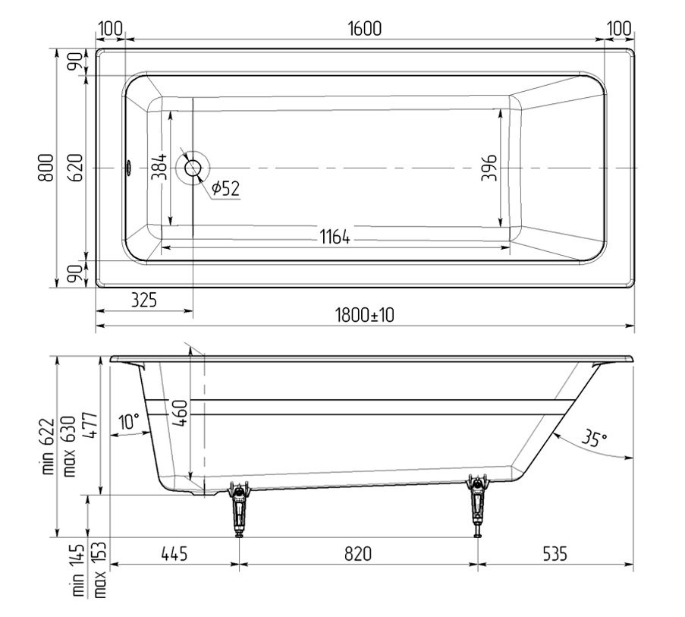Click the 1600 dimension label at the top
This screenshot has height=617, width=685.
(365, 28)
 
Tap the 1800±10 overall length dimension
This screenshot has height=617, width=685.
(365, 315)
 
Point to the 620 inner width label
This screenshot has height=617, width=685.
(76, 168)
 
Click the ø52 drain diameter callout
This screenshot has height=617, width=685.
(226, 188)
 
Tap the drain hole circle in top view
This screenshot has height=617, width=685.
(193, 168)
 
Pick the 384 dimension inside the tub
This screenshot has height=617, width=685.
(159, 166)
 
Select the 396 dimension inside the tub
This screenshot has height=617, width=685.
(489, 167)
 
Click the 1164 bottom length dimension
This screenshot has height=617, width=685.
(335, 238)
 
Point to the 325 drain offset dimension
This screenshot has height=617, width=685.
(143, 301)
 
